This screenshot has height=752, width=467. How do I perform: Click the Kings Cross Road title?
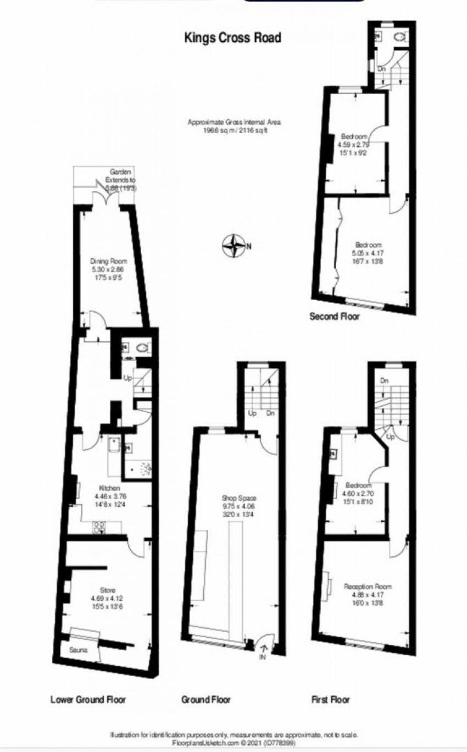tap(232, 37)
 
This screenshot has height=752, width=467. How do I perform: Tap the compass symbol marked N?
tap(235, 245)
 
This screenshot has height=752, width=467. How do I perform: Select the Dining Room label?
tap(109, 261)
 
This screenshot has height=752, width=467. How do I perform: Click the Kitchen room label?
tap(109, 488)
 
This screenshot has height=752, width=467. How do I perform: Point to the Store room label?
tap(108, 590)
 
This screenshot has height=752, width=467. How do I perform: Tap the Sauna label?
tap(79, 649)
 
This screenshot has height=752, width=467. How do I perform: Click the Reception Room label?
tap(368, 586)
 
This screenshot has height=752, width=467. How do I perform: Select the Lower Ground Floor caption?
tap(88, 699)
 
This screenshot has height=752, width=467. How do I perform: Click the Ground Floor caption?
tap(206, 699)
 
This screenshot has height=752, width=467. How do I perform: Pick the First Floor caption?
tap(330, 699)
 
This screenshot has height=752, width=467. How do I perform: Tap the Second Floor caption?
tap(335, 316)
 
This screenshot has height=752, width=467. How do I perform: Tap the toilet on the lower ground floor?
tap(143, 347)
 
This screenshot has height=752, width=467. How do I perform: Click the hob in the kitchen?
tap(99, 528)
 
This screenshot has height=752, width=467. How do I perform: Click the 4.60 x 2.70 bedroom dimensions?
tap(360, 494)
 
